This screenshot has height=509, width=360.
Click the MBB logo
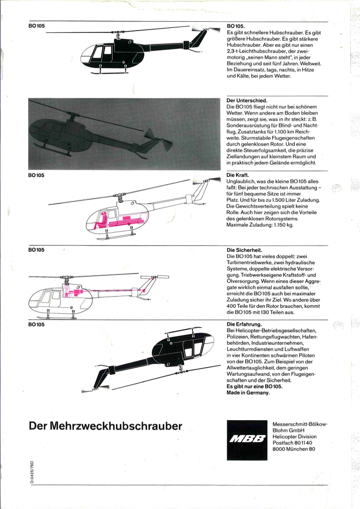tap(247, 440)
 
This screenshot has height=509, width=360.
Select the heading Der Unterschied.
tap(247, 99)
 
